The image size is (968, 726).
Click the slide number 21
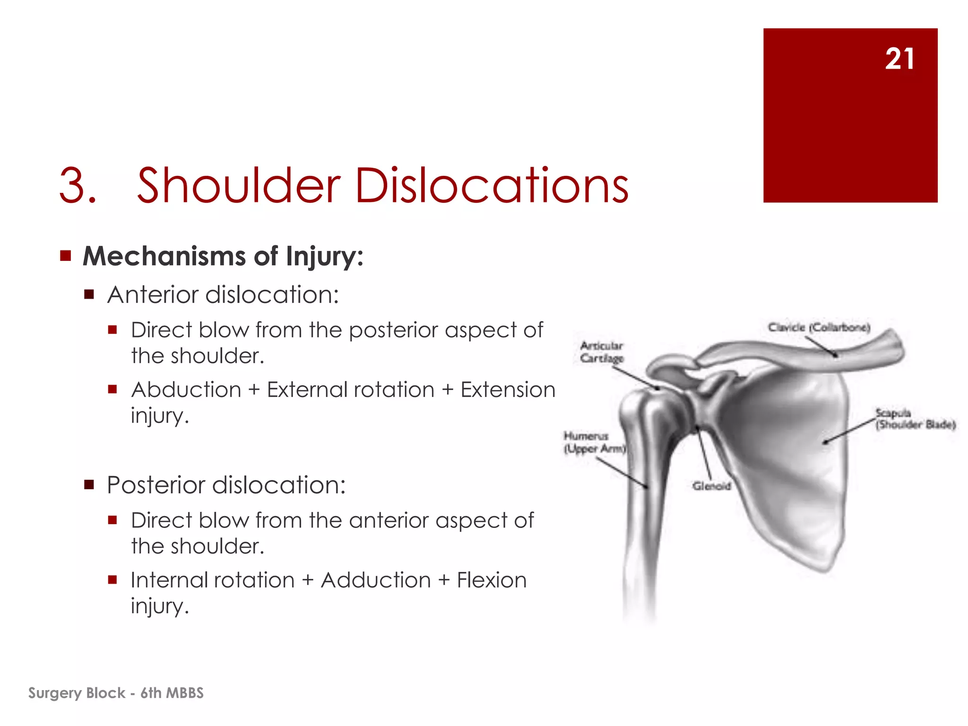(x=899, y=60)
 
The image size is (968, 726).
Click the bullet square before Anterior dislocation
(x=89, y=295)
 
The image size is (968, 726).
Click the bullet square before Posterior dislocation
(x=89, y=485)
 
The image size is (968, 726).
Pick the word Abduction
(x=186, y=390)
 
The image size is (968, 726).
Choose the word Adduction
(x=376, y=580)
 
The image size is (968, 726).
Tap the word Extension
(x=508, y=390)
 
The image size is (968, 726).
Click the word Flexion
(x=492, y=580)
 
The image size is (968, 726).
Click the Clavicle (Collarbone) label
(x=819, y=327)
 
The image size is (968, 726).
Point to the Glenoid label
(x=711, y=486)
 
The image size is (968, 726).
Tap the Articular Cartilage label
(x=602, y=352)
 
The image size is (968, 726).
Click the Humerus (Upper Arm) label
(x=594, y=442)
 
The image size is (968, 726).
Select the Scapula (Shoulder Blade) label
(x=915, y=419)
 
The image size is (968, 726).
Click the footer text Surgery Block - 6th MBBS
(x=116, y=693)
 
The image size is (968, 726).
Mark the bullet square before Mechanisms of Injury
(x=65, y=256)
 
